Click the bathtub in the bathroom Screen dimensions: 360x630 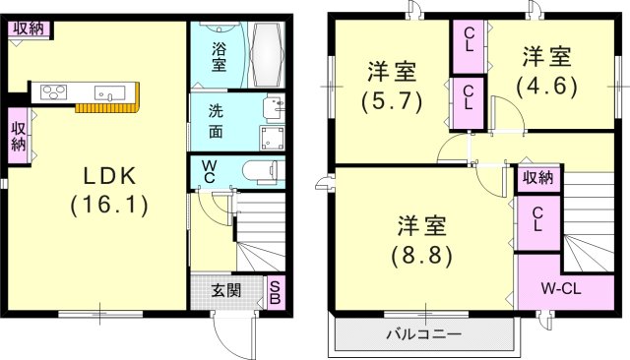[268, 54]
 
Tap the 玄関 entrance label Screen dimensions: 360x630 [226, 290]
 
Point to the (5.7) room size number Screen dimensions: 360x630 [392, 99]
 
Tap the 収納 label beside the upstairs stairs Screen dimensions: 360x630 [536, 178]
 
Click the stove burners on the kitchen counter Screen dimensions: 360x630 [52, 93]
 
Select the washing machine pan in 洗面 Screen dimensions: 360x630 [273, 136]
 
